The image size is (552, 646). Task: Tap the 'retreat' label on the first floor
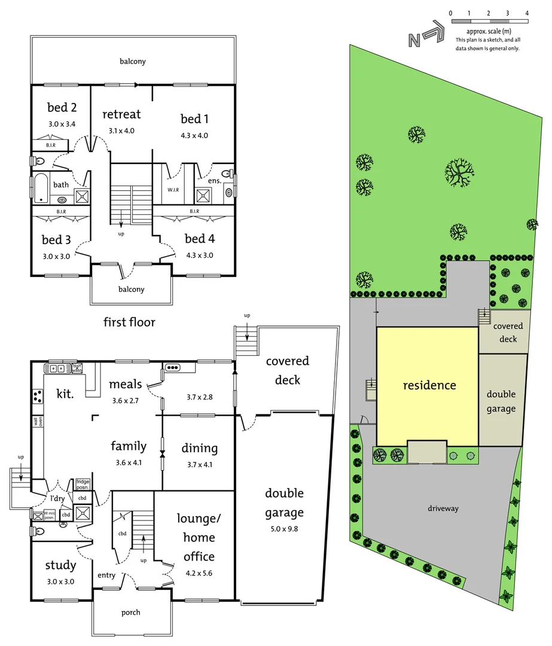point(121,114)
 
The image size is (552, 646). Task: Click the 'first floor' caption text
point(129,322)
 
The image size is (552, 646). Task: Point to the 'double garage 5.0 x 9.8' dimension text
point(284,528)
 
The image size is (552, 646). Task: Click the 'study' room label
point(60,565)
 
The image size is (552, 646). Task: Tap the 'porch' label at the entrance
point(131,612)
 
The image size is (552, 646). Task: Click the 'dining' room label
point(199,448)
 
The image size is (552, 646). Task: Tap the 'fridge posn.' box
point(82,482)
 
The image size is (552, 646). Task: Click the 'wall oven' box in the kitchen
point(38,422)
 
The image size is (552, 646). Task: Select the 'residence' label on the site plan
point(429,385)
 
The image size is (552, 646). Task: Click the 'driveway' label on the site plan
point(443,508)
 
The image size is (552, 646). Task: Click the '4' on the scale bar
point(527,13)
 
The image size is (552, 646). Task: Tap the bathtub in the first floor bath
point(41,187)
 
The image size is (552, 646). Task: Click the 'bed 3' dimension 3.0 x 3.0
point(56,255)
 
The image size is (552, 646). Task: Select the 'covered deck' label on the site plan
point(508,333)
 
